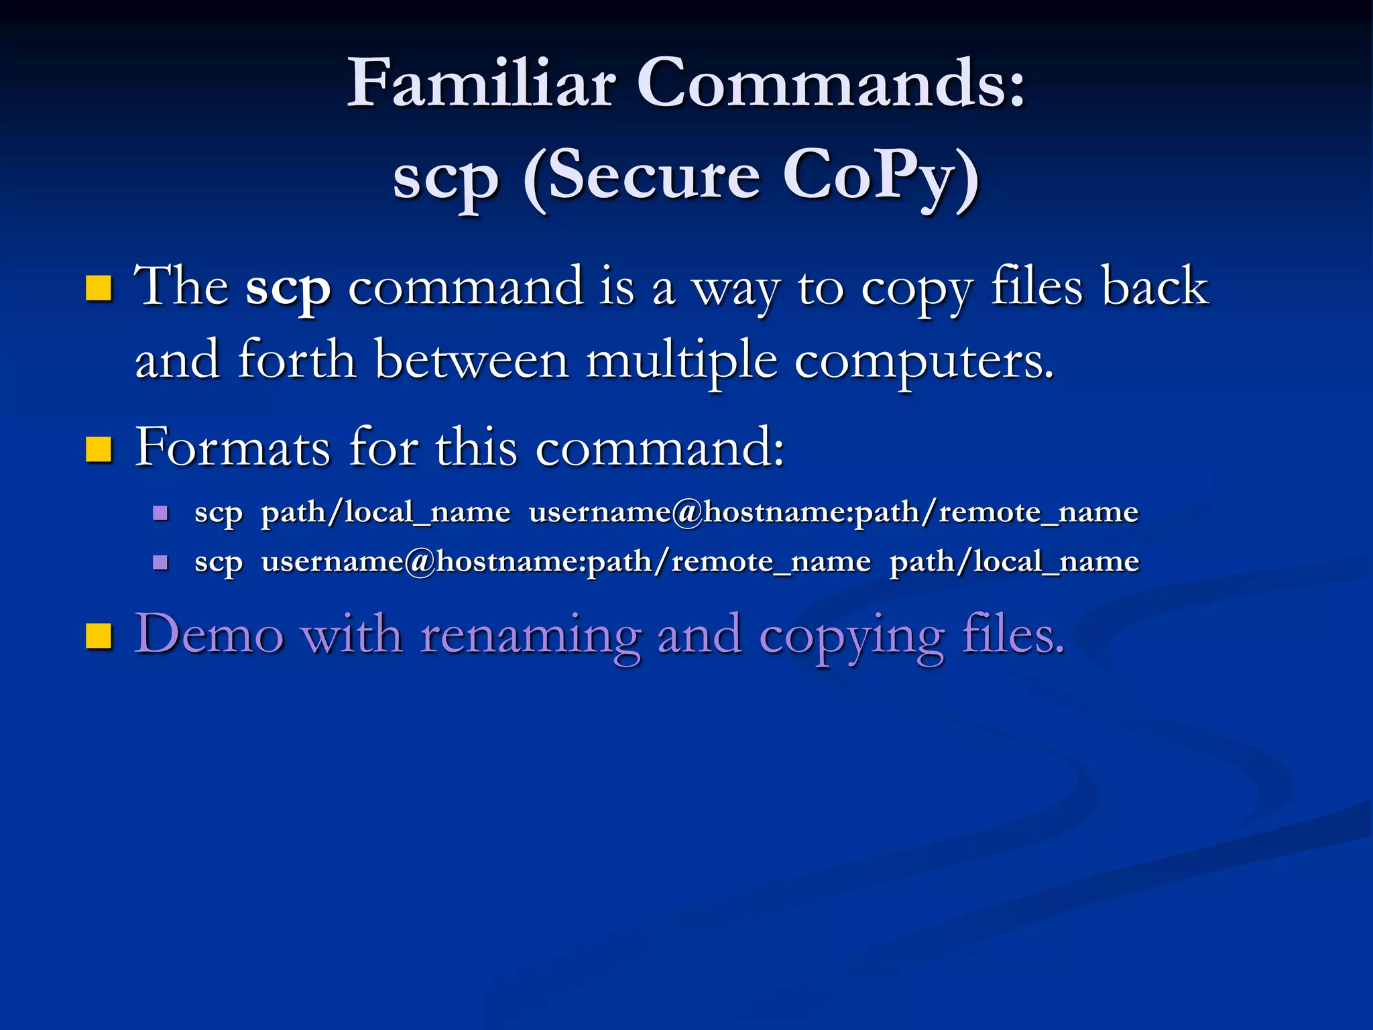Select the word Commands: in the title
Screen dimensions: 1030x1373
click(x=831, y=83)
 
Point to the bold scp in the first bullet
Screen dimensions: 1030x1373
click(x=288, y=287)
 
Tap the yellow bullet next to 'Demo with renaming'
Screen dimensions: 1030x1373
click(x=99, y=636)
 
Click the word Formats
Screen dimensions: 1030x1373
click(x=233, y=447)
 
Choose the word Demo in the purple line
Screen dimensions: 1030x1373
click(x=208, y=634)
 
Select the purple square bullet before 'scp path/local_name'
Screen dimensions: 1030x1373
click(x=160, y=514)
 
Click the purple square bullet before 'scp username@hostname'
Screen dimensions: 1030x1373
click(x=160, y=562)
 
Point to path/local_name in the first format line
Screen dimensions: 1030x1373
click(x=385, y=513)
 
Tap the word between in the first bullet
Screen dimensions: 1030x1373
click(x=471, y=361)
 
